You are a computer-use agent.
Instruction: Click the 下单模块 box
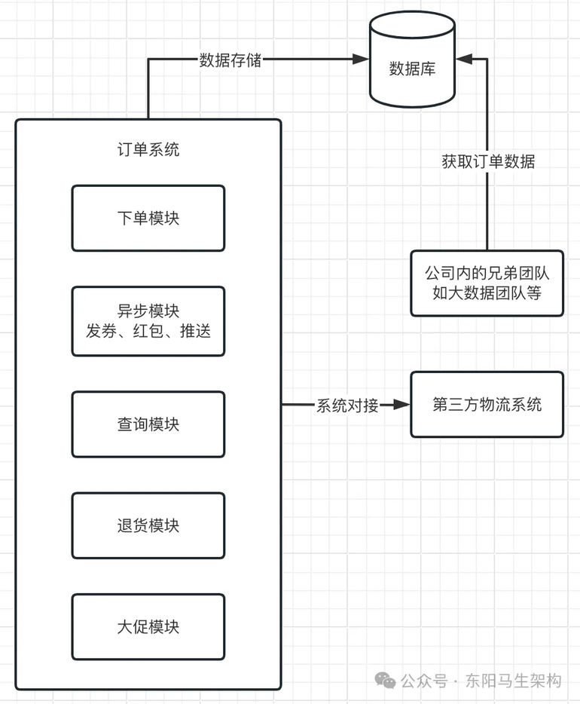click(x=148, y=218)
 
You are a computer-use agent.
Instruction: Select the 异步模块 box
click(x=148, y=321)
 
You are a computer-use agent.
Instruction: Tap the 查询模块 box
click(x=148, y=424)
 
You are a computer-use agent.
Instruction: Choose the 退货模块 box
click(x=148, y=525)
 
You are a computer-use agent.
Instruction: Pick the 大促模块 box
click(x=148, y=627)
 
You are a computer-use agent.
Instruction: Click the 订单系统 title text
click(x=148, y=149)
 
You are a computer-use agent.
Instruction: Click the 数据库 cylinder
click(x=412, y=60)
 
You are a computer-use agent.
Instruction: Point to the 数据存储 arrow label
click(x=230, y=60)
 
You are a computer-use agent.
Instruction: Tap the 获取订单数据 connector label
click(x=488, y=161)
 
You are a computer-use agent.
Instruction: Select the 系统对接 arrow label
click(x=348, y=406)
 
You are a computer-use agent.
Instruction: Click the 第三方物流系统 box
click(x=487, y=405)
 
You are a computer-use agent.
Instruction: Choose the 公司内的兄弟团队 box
click(x=487, y=283)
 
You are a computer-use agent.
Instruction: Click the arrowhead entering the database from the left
click(x=361, y=59)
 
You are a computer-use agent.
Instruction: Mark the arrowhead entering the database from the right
click(x=464, y=59)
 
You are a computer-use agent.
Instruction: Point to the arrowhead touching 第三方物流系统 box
click(x=402, y=405)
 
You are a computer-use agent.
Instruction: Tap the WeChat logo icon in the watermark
click(x=385, y=680)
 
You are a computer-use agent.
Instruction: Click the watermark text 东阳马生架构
click(x=514, y=681)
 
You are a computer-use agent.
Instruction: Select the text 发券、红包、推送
click(x=148, y=332)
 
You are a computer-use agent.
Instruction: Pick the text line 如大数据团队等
click(x=487, y=293)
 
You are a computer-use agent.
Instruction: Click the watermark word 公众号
click(x=424, y=681)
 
